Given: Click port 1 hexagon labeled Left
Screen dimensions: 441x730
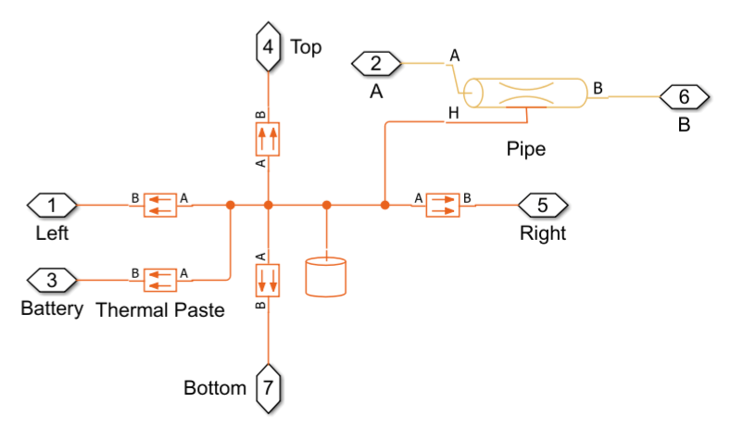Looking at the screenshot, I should (x=52, y=204).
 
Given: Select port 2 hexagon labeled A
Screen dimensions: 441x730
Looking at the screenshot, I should (x=375, y=64).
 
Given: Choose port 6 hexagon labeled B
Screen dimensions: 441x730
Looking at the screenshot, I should (x=684, y=95).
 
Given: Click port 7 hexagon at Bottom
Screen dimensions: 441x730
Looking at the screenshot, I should (x=268, y=388).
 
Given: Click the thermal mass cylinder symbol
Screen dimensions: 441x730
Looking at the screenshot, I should (x=326, y=277).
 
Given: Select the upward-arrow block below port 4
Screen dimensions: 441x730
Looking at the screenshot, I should (x=268, y=140).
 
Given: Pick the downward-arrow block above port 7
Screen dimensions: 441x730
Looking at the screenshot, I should (x=268, y=279).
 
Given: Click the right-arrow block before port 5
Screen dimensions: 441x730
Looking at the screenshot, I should (x=443, y=204).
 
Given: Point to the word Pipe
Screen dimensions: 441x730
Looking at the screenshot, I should (x=525, y=148).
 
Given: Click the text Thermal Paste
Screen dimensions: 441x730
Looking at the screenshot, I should (x=160, y=309).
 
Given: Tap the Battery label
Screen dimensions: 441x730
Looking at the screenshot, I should (x=52, y=309).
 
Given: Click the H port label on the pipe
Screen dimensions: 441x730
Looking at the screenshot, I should (x=453, y=113).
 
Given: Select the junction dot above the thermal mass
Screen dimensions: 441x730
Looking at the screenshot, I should (x=326, y=204).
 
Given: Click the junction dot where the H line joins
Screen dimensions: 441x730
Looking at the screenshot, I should (x=384, y=204).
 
